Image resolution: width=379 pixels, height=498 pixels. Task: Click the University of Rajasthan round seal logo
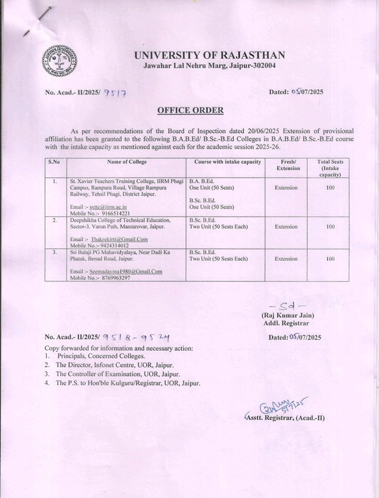pyautogui.click(x=59, y=61)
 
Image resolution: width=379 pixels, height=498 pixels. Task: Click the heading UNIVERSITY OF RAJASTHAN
pyautogui.click(x=210, y=55)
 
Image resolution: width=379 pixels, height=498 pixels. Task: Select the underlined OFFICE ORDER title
pyautogui.click(x=191, y=110)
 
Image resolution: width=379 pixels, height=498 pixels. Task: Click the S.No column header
pyautogui.click(x=54, y=162)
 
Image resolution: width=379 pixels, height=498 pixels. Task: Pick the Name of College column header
pyautogui.click(x=127, y=162)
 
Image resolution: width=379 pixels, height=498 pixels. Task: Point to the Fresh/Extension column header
pyautogui.click(x=287, y=165)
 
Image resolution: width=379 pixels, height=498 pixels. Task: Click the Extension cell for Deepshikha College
pyautogui.click(x=286, y=227)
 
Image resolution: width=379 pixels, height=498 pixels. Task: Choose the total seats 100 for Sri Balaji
pyautogui.click(x=331, y=259)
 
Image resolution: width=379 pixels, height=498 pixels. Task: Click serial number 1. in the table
pyautogui.click(x=54, y=181)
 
